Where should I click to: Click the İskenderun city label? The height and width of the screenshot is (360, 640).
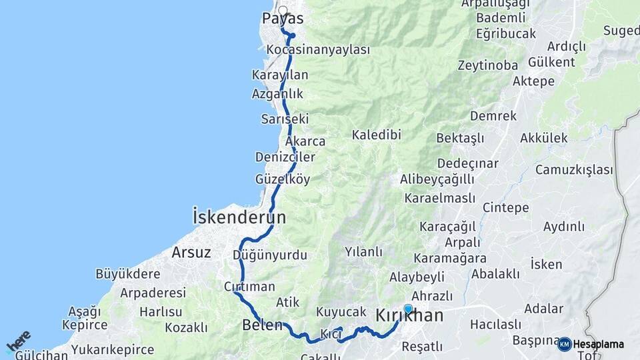tap(239, 217)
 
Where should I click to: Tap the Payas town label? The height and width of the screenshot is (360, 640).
tap(283, 19)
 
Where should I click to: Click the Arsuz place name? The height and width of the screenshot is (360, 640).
tap(191, 253)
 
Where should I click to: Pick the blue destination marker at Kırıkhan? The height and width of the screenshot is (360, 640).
tap(408, 309)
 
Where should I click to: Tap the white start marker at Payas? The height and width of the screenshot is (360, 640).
tap(283, 10)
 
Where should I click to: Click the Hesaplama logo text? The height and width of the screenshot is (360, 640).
tap(598, 344)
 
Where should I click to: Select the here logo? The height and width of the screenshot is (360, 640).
tap(19, 341)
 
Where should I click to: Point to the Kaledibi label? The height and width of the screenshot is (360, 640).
tap(377, 135)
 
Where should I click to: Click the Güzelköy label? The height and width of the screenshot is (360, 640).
tap(283, 179)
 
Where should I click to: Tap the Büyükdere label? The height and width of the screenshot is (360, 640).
tap(128, 273)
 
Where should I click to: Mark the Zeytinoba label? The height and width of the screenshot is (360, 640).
tap(488, 65)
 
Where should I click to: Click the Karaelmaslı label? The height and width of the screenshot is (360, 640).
tap(439, 198)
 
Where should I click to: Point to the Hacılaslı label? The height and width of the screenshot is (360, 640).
tap(495, 325)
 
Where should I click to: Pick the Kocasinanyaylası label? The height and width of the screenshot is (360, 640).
tap(317, 50)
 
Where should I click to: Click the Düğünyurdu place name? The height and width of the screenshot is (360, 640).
tap(270, 255)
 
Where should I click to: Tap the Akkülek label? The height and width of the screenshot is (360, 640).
tap(543, 138)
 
